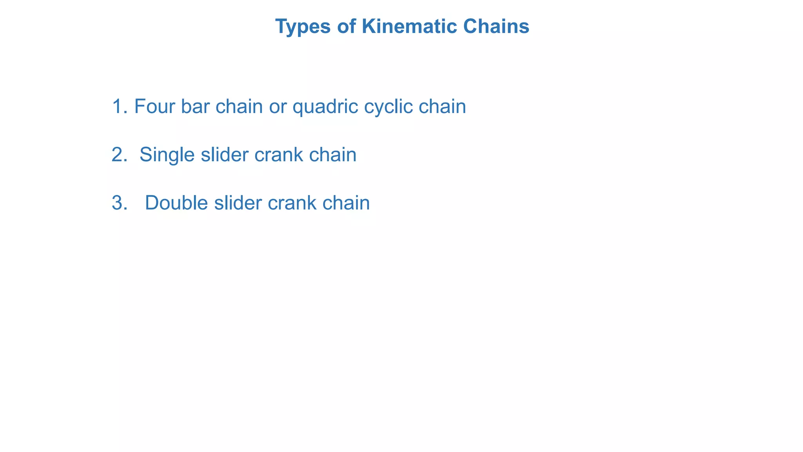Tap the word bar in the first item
pos(195,106)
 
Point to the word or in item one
pos(277,107)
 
